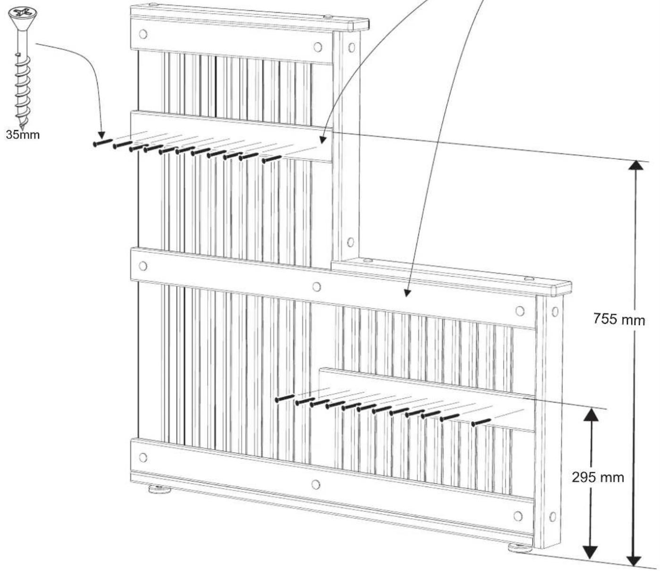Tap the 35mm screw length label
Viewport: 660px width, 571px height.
coord(23,134)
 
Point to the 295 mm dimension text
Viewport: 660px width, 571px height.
coord(598,477)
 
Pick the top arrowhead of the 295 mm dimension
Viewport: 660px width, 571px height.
coord(591,414)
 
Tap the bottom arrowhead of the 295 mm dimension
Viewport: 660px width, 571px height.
coord(591,552)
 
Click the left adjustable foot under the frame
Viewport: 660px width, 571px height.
coord(160,489)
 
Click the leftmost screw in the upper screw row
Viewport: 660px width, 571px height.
coord(102,142)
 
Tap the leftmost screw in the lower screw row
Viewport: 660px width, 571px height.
coord(285,398)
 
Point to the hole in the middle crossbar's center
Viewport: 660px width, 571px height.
coord(317,286)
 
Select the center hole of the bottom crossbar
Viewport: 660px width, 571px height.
coord(316,484)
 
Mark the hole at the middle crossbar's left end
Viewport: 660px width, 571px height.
coord(142,266)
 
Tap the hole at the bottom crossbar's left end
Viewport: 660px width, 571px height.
coord(143,457)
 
